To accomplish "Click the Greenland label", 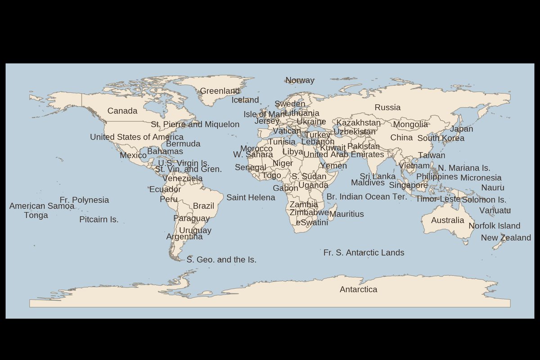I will (220, 91).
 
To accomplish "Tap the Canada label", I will (122, 111).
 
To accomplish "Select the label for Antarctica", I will (358, 289).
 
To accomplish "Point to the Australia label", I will (447, 220).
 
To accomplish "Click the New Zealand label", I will (506, 238).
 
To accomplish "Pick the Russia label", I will (387, 108).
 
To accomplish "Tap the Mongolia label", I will (410, 125).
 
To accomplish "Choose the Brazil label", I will (203, 206).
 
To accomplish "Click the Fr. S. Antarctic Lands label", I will (364, 253).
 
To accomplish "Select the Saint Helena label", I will (251, 198).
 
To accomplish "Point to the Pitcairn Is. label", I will (99, 220).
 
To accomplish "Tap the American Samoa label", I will (42, 206).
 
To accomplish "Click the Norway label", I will (300, 81).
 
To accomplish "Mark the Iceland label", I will (245, 100).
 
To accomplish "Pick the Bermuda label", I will (183, 144).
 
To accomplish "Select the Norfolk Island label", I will (494, 226).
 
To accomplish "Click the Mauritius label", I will (346, 214).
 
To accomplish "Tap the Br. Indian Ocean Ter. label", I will (367, 197).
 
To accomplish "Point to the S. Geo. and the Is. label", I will (221, 260).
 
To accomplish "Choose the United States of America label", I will (137, 137).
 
